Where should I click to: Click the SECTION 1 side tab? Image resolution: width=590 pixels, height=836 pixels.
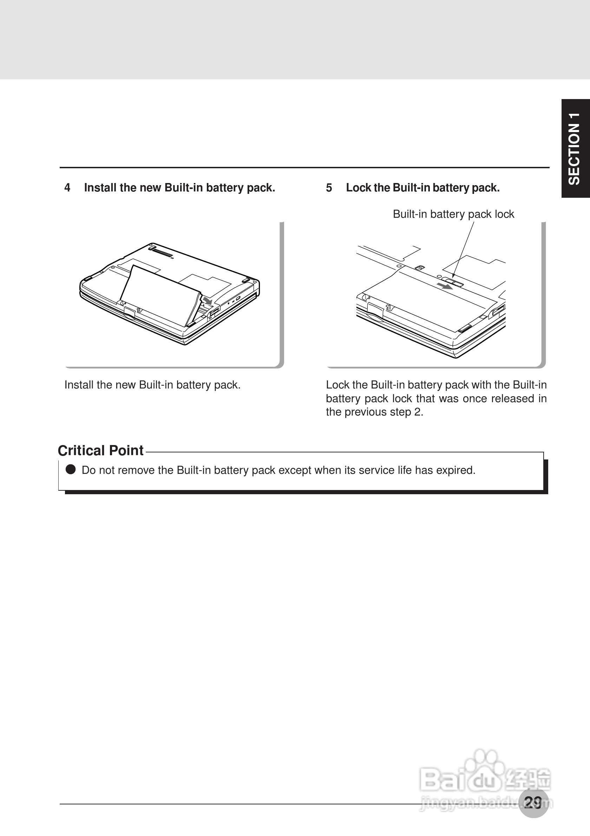point(575,148)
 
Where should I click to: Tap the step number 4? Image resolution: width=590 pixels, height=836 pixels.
point(67,188)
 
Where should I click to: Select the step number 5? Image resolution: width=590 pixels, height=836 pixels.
point(329,188)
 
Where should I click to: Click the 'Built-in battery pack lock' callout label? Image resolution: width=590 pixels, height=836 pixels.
point(453,214)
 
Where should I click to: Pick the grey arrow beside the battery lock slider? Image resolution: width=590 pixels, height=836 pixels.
point(445,286)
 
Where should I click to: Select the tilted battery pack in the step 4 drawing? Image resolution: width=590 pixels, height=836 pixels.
point(160,295)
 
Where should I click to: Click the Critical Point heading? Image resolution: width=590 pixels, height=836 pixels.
point(101,450)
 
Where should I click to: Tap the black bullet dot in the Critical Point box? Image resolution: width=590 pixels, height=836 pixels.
point(70,470)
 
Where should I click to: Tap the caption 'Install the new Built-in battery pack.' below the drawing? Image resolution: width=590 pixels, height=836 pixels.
point(152,385)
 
